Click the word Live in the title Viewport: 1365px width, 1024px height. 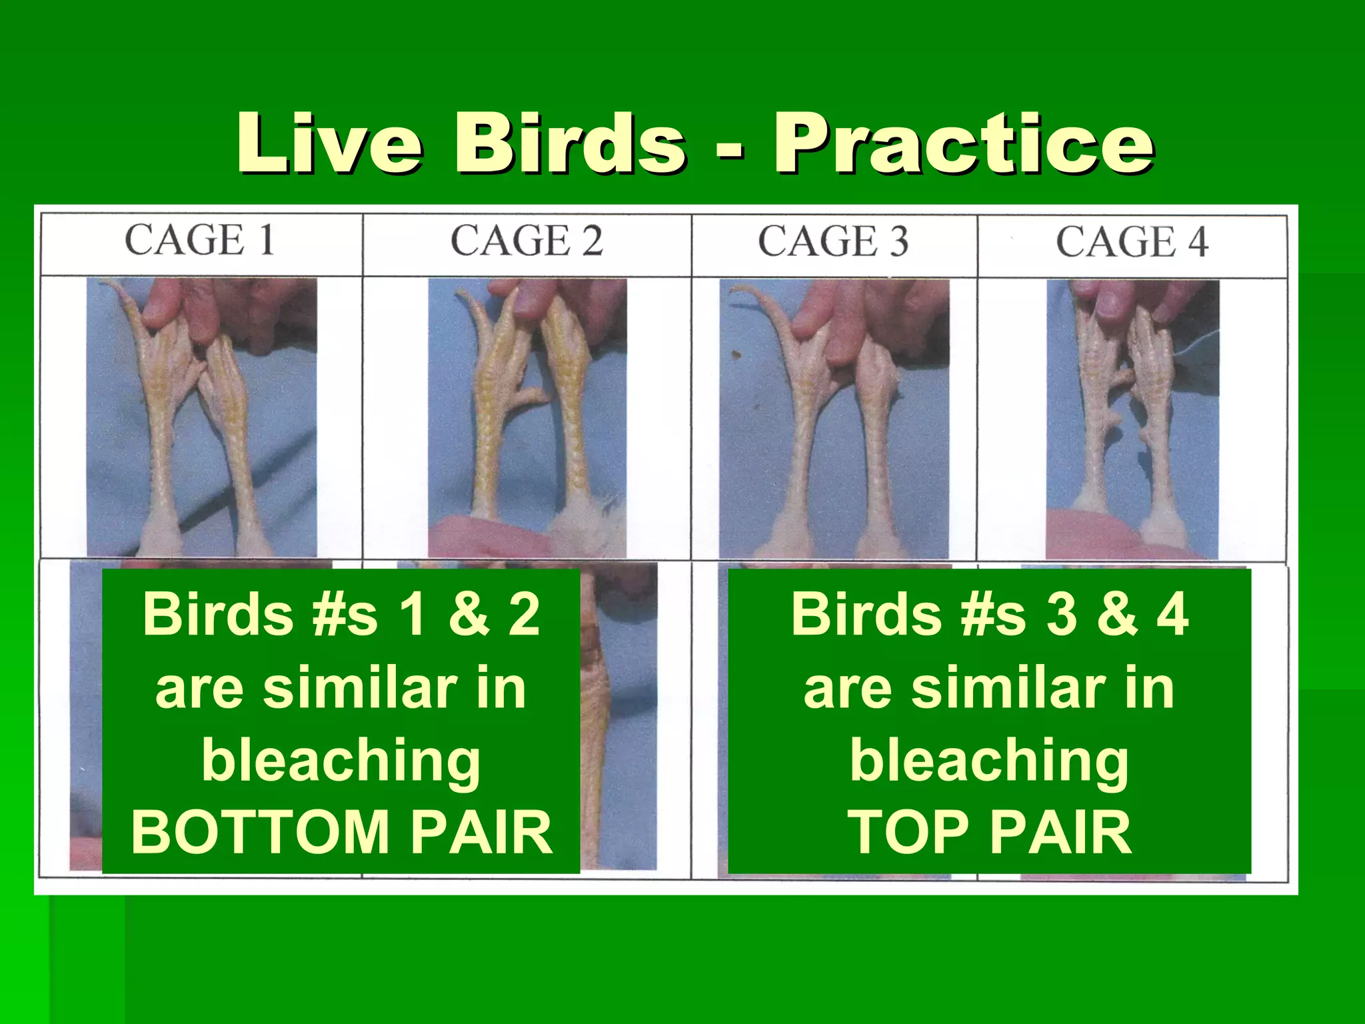click(329, 143)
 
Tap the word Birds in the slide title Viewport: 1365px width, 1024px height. click(570, 143)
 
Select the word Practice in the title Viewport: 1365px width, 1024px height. click(963, 143)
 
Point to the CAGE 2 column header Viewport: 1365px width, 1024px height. click(527, 241)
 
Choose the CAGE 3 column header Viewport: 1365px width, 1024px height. click(833, 241)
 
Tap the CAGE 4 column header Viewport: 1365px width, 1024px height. click(1132, 242)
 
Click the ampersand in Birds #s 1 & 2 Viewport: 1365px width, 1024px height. click(469, 614)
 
